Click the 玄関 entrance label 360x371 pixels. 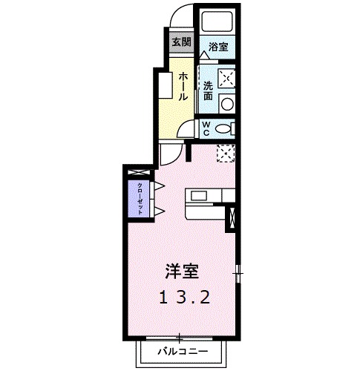pyautogui.click(x=181, y=42)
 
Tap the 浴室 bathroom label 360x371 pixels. pyautogui.click(x=217, y=46)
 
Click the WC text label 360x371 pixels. pyautogui.click(x=209, y=127)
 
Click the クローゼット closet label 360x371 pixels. pyautogui.click(x=139, y=197)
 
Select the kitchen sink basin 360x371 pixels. pyautogui.click(x=198, y=195)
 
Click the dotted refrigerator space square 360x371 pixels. pyautogui.click(x=226, y=153)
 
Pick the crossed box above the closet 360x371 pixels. pyautogui.click(x=139, y=173)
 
